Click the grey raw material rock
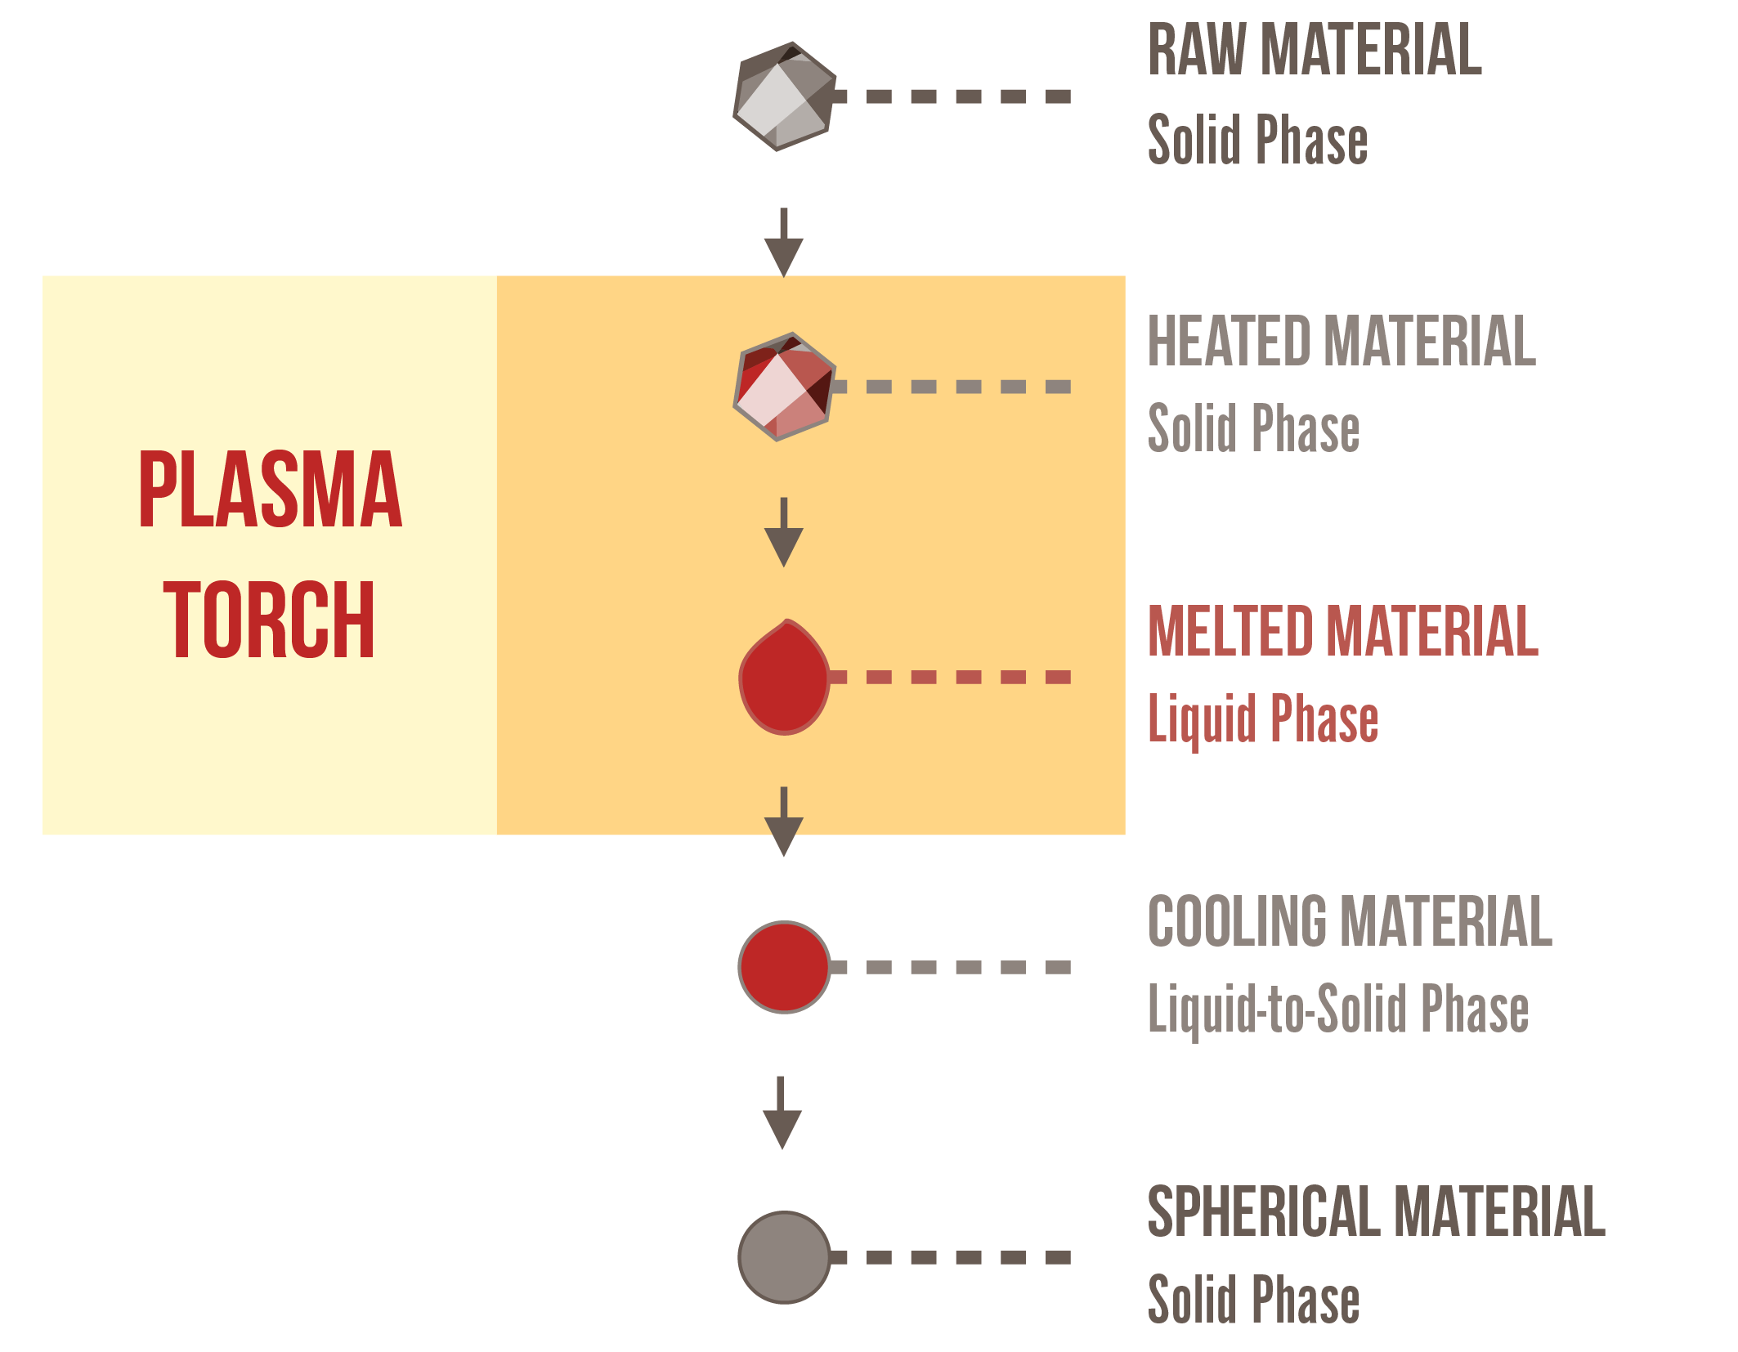coord(784,96)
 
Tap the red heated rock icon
coord(784,387)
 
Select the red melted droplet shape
coord(784,678)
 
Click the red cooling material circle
coord(784,967)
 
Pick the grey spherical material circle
coord(784,1257)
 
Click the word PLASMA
coord(271,489)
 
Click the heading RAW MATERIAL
coord(1315,51)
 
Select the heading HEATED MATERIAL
coord(1342,341)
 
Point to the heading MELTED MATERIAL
coord(1343,631)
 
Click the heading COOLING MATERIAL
coord(1350,921)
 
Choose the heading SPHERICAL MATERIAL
coord(1376,1211)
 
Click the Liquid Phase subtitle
coord(1263,719)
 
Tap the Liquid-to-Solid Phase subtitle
coord(1338,1009)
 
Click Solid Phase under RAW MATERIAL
coord(1257,140)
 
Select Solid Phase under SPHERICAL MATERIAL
coord(1253,1299)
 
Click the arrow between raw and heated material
coord(784,244)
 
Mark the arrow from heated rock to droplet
coord(784,533)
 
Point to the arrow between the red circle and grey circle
coord(782,1113)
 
